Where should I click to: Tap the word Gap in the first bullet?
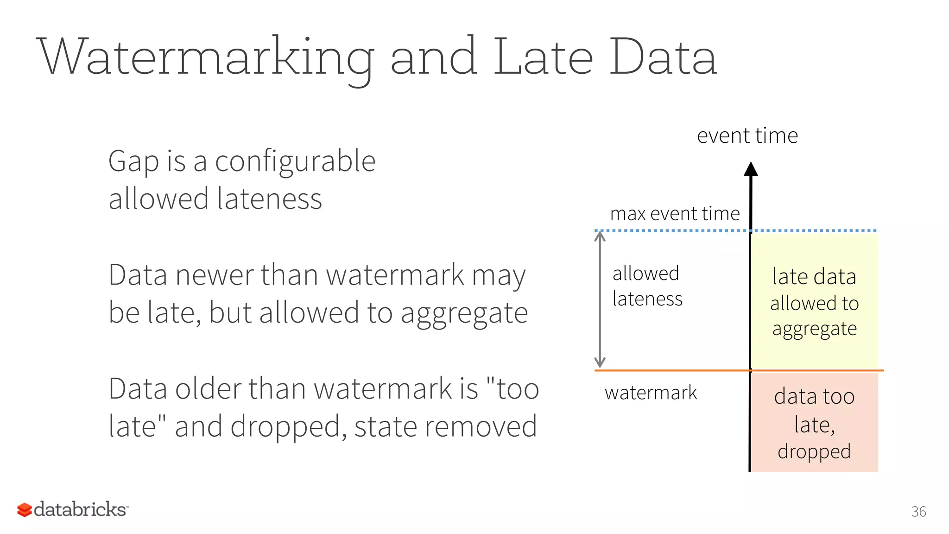[x=133, y=162]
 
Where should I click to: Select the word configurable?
[x=295, y=162]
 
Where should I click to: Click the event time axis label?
[x=747, y=136]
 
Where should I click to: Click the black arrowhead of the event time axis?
[x=751, y=169]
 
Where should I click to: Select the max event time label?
[x=675, y=214]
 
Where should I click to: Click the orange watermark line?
[x=672, y=370]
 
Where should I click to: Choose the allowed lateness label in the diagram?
[x=647, y=286]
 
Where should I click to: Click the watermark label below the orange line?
[x=651, y=393]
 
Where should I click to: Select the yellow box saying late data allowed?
[x=814, y=301]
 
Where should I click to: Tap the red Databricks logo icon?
[x=25, y=510]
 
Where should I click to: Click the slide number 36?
[x=918, y=512]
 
